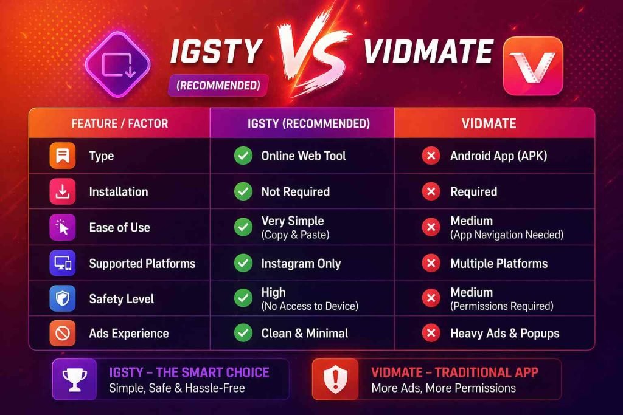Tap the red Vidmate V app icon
point(532,66)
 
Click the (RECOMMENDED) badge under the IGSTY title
point(218,86)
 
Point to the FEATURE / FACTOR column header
point(119,123)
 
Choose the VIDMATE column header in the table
point(489,123)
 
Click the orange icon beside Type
point(63,156)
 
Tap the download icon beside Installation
point(63,191)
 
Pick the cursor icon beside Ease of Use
point(63,227)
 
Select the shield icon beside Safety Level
point(63,298)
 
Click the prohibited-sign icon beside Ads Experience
point(63,333)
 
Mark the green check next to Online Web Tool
point(243,156)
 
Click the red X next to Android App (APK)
point(431,156)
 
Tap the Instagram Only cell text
point(301,263)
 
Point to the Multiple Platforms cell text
point(498,263)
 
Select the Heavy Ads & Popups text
point(504,333)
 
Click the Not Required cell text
point(295,191)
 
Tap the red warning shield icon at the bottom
point(333,379)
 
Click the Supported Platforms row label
point(142,263)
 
